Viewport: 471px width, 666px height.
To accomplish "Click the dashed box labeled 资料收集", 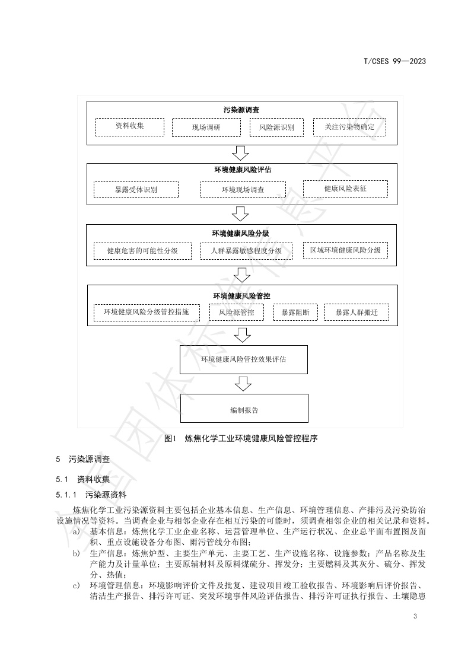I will pyautogui.click(x=129, y=126).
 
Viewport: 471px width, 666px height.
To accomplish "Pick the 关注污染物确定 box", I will pyautogui.click(x=349, y=127).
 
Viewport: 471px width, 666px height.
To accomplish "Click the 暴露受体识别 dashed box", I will pyautogui.click(x=136, y=190).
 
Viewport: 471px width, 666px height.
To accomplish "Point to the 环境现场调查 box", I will pyautogui.click(x=243, y=190).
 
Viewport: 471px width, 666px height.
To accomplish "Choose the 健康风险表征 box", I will pyautogui.click(x=345, y=189).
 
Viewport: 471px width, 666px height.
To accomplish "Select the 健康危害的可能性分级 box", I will pyautogui.click(x=142, y=251).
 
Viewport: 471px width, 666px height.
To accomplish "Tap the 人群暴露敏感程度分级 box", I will pyautogui.click(x=246, y=251).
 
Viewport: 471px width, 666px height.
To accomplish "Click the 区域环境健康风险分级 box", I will pyautogui.click(x=345, y=250).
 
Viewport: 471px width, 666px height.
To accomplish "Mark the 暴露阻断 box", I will pyautogui.click(x=295, y=312).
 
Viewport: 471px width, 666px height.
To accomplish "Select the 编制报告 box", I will pyautogui.click(x=244, y=409).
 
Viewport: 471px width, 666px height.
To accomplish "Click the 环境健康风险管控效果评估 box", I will pyautogui.click(x=244, y=359).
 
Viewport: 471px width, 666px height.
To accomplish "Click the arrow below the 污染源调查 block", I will pyautogui.click(x=241, y=154).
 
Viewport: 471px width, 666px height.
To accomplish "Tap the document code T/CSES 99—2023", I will pyautogui.click(x=394, y=61).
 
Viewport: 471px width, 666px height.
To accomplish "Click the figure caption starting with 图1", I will pyautogui.click(x=241, y=439).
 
